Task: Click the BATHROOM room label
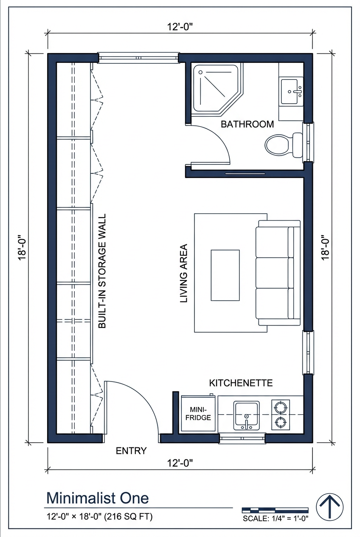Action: click(x=247, y=124)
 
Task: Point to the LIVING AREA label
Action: click(x=184, y=273)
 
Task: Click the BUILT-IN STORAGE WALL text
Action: click(x=102, y=271)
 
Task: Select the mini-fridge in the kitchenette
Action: click(x=199, y=414)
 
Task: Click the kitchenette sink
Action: click(x=246, y=414)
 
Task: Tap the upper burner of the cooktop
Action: click(x=281, y=407)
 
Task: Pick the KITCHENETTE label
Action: click(x=241, y=383)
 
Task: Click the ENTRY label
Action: click(x=131, y=451)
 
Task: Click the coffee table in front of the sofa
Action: click(x=225, y=275)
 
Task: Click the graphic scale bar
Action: click(x=275, y=510)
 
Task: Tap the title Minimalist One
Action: click(x=97, y=497)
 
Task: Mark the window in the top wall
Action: click(x=138, y=58)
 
